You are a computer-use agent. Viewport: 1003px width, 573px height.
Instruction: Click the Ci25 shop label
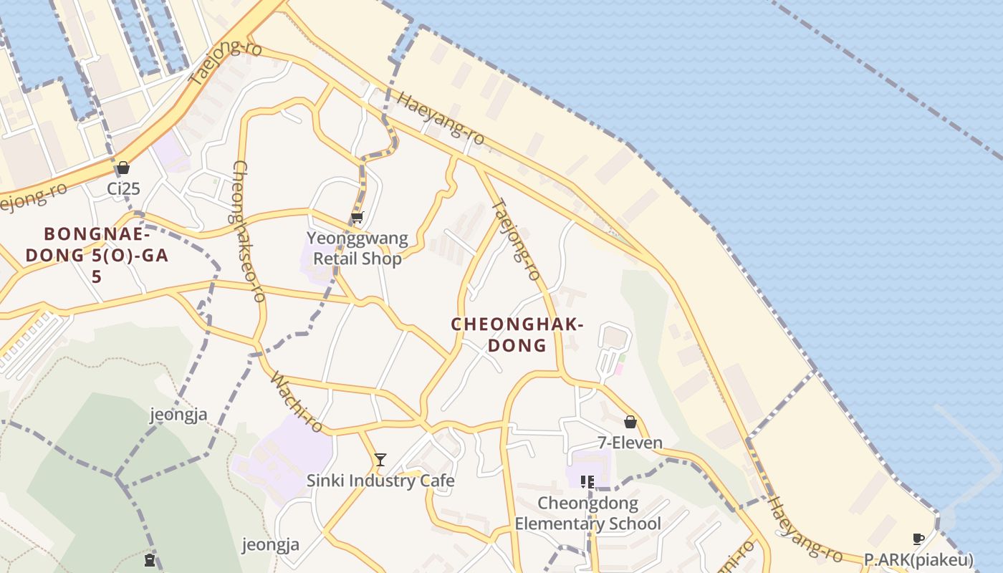pos(123,189)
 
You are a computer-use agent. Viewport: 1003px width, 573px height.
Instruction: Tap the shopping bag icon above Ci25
pos(123,168)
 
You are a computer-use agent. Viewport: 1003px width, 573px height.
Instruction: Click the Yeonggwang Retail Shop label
pos(357,248)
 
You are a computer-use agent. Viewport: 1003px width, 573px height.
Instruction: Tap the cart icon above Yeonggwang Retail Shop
pos(357,217)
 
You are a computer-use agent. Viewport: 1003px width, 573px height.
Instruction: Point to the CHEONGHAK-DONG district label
pos(517,334)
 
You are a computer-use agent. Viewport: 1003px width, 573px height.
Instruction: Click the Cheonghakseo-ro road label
pos(249,231)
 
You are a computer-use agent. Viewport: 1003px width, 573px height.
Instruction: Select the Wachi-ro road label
pos(297,403)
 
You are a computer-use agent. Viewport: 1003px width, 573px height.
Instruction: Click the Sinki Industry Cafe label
pos(380,480)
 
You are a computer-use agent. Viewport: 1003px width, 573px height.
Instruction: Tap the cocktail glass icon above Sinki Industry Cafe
pos(380,459)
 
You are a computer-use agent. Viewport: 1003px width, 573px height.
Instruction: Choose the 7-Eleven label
pos(630,443)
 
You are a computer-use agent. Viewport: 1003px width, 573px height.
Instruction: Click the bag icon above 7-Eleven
pos(630,422)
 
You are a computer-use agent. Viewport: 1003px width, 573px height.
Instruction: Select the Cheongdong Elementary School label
pos(587,514)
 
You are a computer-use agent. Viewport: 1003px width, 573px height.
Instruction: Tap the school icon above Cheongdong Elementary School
pos(587,482)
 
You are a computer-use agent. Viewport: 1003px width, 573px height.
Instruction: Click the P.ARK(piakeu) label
pos(918,559)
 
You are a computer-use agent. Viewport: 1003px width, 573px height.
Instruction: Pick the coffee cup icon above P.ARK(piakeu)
pos(918,539)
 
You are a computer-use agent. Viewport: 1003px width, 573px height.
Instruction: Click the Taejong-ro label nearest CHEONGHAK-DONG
pos(515,239)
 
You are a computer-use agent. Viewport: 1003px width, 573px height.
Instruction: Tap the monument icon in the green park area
pos(150,559)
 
